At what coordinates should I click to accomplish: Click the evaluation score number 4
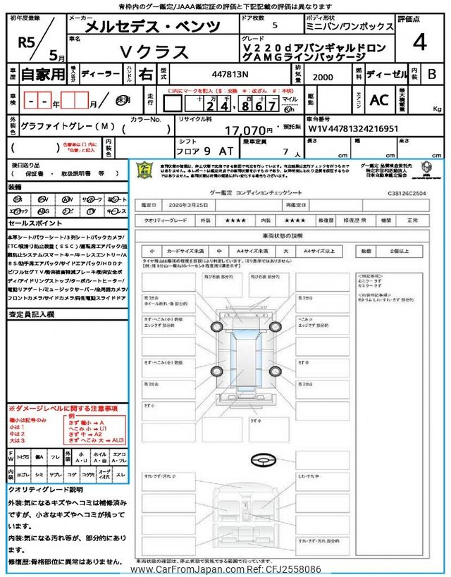point(419,43)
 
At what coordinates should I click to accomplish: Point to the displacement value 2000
point(322,77)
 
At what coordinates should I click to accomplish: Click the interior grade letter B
point(432,73)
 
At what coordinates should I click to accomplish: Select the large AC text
point(379,99)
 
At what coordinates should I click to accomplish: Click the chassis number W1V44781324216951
point(353,130)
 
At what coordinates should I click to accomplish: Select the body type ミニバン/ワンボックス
point(358,26)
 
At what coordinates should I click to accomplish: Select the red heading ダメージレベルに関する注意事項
point(63,409)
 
